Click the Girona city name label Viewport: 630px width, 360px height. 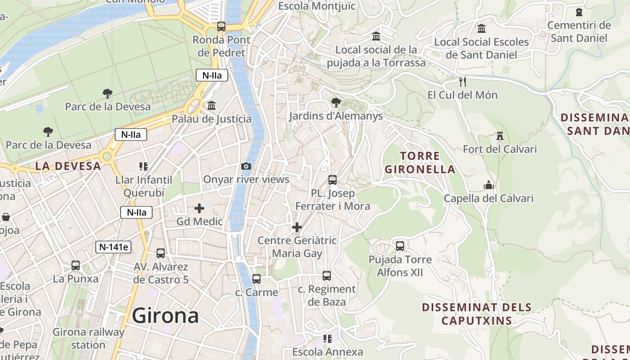pyautogui.click(x=165, y=315)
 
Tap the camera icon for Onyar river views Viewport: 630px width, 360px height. pyautogui.click(x=246, y=166)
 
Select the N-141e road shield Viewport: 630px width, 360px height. pyautogui.click(x=113, y=247)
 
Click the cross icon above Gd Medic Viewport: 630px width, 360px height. pyautogui.click(x=199, y=208)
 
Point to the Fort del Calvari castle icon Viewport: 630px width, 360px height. pyautogui.click(x=499, y=136)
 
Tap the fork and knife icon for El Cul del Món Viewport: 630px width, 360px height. pyautogui.click(x=462, y=82)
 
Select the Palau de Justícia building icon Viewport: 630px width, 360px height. pyautogui.click(x=211, y=106)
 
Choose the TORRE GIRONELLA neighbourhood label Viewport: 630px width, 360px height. pyautogui.click(x=420, y=163)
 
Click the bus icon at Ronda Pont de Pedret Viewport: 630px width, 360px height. pyautogui.click(x=221, y=27)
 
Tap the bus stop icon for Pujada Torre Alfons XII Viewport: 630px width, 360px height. pyautogui.click(x=400, y=246)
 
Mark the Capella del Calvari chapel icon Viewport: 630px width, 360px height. pyautogui.click(x=489, y=185)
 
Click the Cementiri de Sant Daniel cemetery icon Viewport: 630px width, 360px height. pyautogui.click(x=579, y=12)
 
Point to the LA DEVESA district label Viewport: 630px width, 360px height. pyautogui.click(x=68, y=166)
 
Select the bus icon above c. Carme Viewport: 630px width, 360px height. pyautogui.click(x=256, y=279)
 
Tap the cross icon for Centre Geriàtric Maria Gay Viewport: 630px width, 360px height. pyautogui.click(x=297, y=227)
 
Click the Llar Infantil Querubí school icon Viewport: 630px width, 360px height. pyautogui.click(x=144, y=166)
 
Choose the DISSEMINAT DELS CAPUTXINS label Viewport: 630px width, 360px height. pyautogui.click(x=477, y=314)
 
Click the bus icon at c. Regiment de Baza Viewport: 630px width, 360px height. pyautogui.click(x=327, y=276)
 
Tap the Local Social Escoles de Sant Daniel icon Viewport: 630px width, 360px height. pyautogui.click(x=481, y=29)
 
